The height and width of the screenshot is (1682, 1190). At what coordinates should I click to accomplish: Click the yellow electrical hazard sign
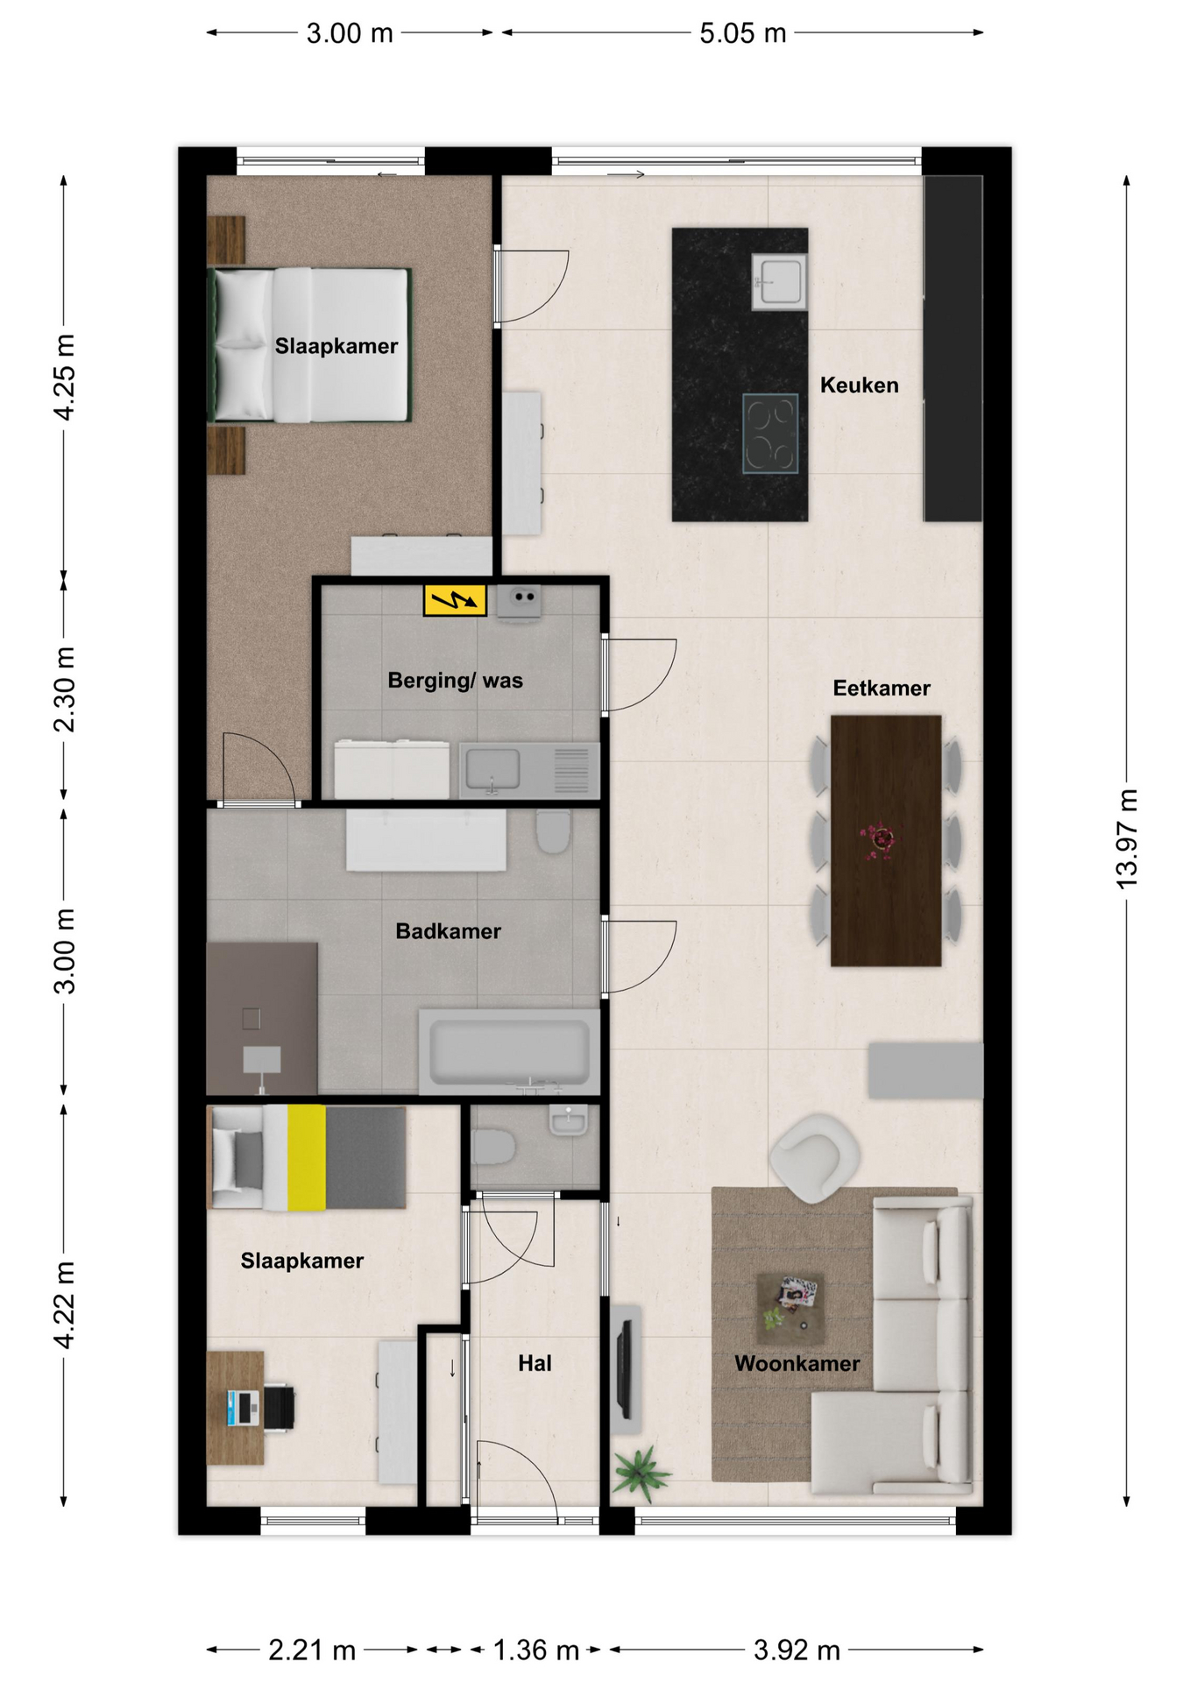pyautogui.click(x=455, y=600)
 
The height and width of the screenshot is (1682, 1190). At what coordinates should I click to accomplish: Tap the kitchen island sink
pyautogui.click(x=779, y=281)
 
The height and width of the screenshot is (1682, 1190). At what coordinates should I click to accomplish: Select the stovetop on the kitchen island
pyautogui.click(x=770, y=434)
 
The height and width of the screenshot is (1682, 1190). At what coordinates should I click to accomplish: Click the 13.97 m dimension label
pyautogui.click(x=1127, y=838)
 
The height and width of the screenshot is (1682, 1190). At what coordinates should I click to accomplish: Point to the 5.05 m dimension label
pyautogui.click(x=742, y=33)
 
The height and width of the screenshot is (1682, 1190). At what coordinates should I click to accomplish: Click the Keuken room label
pyautogui.click(x=859, y=385)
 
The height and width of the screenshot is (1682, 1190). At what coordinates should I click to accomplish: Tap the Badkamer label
pyautogui.click(x=448, y=930)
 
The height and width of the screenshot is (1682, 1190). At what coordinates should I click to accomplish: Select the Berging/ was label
pyautogui.click(x=455, y=680)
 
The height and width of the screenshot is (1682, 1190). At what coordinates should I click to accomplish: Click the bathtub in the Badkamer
pyautogui.click(x=509, y=1050)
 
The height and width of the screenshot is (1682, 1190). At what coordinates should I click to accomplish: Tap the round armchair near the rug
pyautogui.click(x=815, y=1157)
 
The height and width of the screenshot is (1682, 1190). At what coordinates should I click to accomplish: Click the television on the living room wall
pyautogui.click(x=624, y=1369)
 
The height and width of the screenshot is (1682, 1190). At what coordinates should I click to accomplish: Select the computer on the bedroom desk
pyautogui.click(x=244, y=1407)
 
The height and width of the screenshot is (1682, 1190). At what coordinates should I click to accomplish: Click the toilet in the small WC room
pyautogui.click(x=493, y=1147)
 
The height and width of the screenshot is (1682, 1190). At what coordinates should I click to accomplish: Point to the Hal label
pyautogui.click(x=535, y=1362)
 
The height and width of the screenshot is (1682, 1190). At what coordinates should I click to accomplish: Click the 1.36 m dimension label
pyautogui.click(x=535, y=1650)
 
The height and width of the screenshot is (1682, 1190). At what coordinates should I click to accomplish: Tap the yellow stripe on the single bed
pyautogui.click(x=307, y=1157)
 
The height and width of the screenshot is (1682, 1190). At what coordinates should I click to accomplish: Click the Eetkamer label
pyautogui.click(x=882, y=688)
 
